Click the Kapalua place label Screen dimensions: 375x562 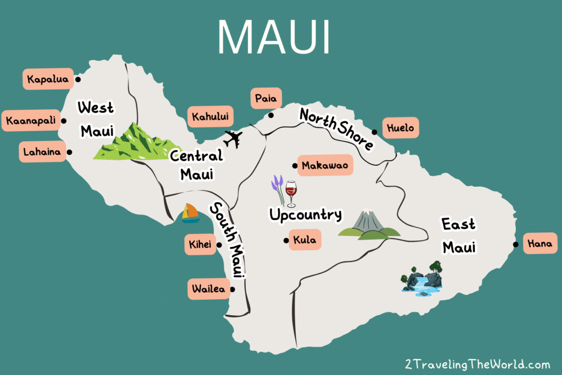point(47,79)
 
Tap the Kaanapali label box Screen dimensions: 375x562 point(31,121)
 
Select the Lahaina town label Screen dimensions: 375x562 point(42,152)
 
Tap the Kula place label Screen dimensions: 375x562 point(305,240)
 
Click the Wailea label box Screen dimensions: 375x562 point(209,289)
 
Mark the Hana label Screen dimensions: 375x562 point(541,244)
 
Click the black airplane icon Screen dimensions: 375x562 point(233,139)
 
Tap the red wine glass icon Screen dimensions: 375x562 point(291,194)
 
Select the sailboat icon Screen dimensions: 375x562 point(190,213)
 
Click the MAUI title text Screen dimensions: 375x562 point(274,36)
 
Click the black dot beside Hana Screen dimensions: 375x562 point(516,245)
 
